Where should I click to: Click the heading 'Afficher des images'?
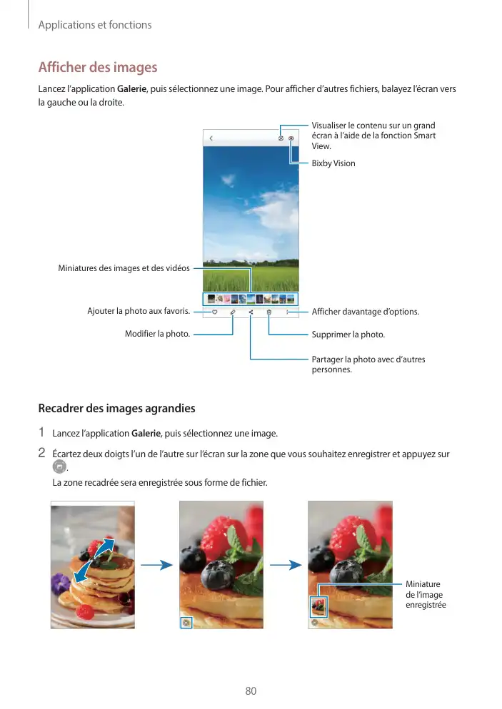coord(97,68)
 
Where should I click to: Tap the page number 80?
coord(251,691)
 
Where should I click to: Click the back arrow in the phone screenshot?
coord(211,138)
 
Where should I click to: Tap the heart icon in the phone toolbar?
coord(214,312)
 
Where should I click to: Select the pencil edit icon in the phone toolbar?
coord(233,312)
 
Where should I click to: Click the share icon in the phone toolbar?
coord(251,312)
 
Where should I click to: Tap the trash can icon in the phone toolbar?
coord(269,312)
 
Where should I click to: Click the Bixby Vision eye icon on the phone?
coord(291,138)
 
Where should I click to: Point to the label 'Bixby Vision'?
coord(333,163)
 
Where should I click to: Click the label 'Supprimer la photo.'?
coord(348,335)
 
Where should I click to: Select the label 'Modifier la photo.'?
coord(157,334)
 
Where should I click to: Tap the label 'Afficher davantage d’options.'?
coord(366,312)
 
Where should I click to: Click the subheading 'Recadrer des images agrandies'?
coord(116,409)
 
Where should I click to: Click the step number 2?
coord(41,452)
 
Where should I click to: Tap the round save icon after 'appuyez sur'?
coord(60,466)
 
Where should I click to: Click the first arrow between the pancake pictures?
coord(157,565)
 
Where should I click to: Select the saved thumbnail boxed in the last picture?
coord(318,607)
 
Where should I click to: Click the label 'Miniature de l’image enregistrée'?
coord(424,594)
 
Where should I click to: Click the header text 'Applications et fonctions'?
coord(94,25)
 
